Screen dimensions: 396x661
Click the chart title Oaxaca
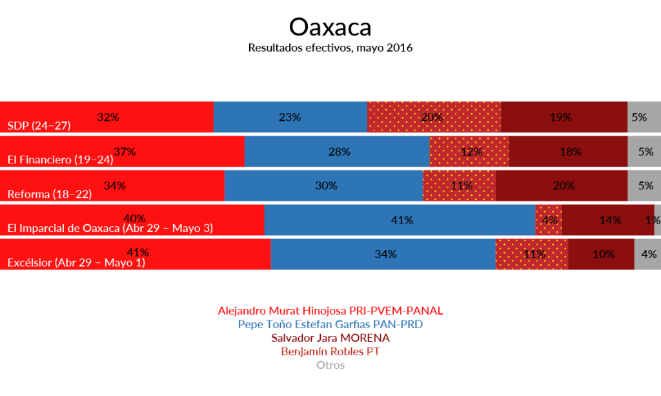click(x=330, y=27)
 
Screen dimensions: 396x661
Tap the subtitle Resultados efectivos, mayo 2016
click(x=330, y=48)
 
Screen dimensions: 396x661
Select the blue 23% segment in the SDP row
click(x=290, y=117)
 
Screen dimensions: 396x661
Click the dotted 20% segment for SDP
click(x=434, y=117)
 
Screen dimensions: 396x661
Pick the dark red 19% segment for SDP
click(x=564, y=117)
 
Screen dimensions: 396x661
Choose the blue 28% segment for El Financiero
click(x=337, y=152)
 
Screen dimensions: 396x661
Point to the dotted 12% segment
click(x=469, y=152)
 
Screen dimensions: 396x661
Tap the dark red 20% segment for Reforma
click(x=562, y=186)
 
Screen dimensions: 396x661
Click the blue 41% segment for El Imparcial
click(x=400, y=220)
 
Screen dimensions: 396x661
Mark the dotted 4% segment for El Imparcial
click(x=549, y=220)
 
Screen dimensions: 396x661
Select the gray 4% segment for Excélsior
click(x=647, y=255)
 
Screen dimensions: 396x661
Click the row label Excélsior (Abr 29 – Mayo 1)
click(x=76, y=263)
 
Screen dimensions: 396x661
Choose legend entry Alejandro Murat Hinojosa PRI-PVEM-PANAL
click(x=330, y=310)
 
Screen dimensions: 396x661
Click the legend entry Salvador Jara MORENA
click(x=330, y=338)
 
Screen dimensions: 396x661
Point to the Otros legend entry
click(x=330, y=365)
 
